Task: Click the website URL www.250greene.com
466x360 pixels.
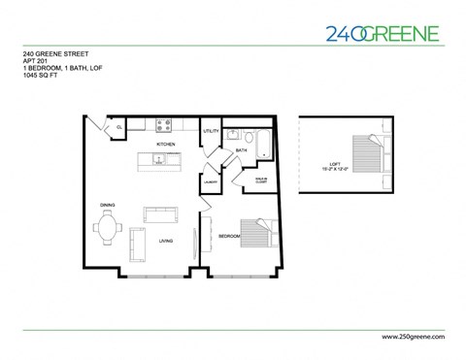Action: point(407,335)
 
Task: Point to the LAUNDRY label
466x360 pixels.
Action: point(210,180)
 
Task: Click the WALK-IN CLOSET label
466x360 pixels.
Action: point(261,180)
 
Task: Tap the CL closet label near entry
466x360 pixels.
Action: point(118,127)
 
